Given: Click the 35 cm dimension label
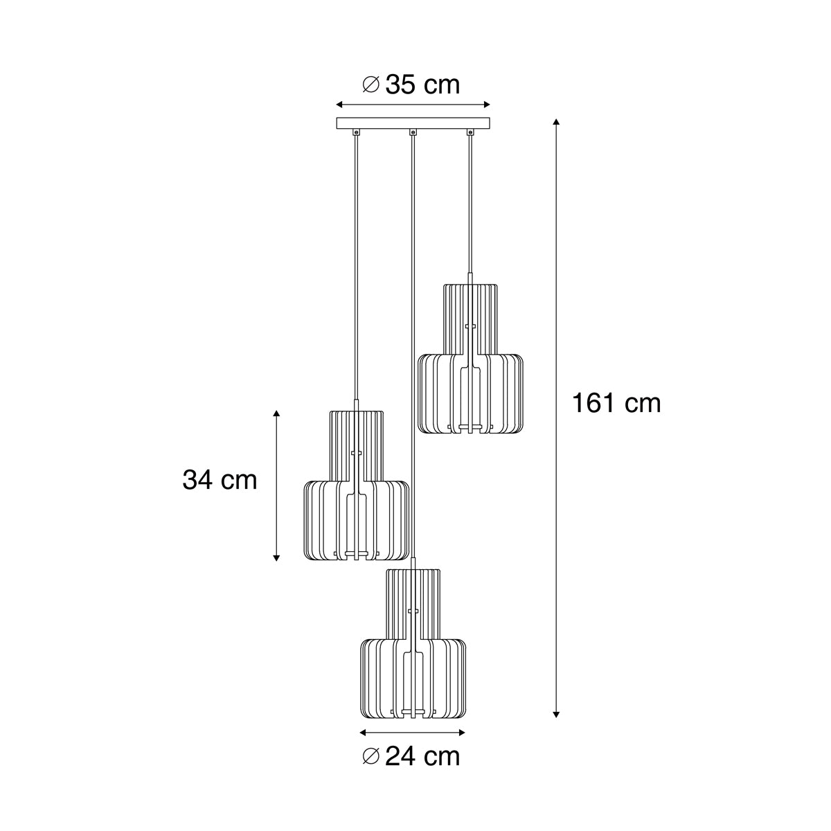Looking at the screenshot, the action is [x=422, y=85].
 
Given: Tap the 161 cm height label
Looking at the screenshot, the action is [x=616, y=404].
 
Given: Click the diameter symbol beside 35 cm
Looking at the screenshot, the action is [x=371, y=84].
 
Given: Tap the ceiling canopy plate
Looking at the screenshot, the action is [x=413, y=123].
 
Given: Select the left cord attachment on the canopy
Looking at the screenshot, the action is [x=356, y=132].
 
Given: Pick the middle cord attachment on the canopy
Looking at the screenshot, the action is [x=413, y=132].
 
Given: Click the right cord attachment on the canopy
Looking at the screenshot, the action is [x=470, y=132].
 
